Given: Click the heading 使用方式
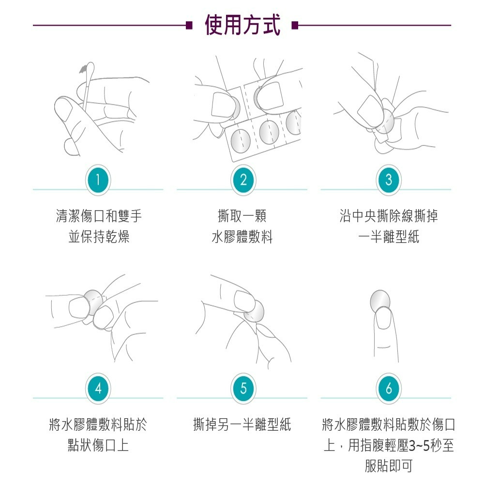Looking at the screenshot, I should (242, 25).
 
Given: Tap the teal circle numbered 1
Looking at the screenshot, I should (98, 180).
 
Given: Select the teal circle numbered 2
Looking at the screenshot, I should (243, 180).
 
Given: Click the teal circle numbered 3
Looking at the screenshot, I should (388, 180).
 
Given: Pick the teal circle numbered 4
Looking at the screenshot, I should (98, 388).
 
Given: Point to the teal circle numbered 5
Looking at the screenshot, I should (243, 388).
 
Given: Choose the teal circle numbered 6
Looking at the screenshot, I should (388, 388).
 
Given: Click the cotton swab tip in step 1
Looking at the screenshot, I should (89, 67).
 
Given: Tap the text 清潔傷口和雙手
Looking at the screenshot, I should (99, 216).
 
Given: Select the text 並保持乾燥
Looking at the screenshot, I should (99, 237).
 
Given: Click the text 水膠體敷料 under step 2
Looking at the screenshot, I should (242, 237).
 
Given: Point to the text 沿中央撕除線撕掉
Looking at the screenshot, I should (388, 216).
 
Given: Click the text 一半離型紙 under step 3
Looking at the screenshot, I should (388, 237).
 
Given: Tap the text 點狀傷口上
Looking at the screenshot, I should (98, 445).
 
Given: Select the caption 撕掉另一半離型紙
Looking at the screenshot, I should (242, 425).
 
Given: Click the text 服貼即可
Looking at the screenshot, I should (388, 466).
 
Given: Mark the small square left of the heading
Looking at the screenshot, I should (189, 25).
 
